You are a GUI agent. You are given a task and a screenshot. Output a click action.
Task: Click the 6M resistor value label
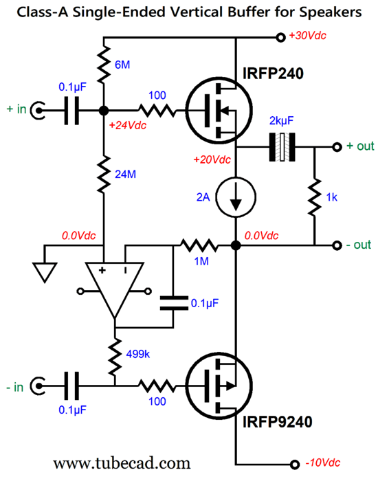[x=122, y=65]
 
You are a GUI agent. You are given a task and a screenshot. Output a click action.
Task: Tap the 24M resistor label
[x=125, y=175]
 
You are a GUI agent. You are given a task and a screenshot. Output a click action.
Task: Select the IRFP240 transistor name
[x=273, y=74]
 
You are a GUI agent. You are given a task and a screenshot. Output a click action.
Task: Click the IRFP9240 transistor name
[x=277, y=422]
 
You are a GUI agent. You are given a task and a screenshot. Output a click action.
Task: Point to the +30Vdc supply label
[x=307, y=36]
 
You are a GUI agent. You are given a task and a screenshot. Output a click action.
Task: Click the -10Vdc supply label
[x=323, y=463]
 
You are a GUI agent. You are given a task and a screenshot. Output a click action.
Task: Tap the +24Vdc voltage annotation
[x=128, y=125]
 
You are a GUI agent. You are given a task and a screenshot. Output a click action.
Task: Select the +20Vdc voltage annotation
[x=212, y=159]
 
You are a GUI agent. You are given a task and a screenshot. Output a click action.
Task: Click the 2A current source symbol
[x=236, y=197]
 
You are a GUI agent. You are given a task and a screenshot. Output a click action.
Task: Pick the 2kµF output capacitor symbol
[x=282, y=147]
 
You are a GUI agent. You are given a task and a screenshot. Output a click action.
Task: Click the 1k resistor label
[x=331, y=197]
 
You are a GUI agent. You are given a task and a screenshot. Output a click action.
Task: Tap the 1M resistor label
[x=201, y=261]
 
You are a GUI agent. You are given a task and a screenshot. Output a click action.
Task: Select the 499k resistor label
[x=138, y=354]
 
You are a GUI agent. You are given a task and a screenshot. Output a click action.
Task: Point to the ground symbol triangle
[x=45, y=273]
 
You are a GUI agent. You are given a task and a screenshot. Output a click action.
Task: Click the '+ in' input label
[x=16, y=109]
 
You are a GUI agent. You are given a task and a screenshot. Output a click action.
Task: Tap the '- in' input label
[x=14, y=388]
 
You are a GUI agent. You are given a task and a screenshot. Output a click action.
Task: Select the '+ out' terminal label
[x=360, y=146]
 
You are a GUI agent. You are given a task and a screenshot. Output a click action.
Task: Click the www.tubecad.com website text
[x=122, y=463]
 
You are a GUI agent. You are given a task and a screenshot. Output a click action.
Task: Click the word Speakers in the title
[x=331, y=12]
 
